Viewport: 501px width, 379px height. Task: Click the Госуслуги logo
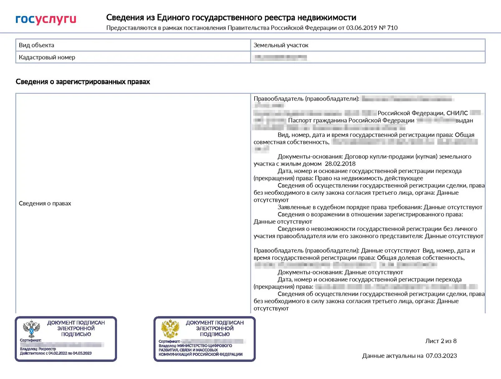[x=46, y=19]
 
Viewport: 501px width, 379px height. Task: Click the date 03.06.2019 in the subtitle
[x=353, y=28]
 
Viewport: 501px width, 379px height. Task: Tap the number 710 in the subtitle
[x=392, y=28]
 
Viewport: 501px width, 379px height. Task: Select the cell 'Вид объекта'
[x=37, y=45]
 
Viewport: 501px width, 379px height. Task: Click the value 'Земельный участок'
[x=281, y=45]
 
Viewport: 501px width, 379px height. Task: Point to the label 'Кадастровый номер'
[x=47, y=57]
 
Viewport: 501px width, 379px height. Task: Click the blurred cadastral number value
[x=281, y=57]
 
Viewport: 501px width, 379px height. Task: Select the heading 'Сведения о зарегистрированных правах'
[x=83, y=82]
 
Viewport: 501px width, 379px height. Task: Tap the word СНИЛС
[x=457, y=113]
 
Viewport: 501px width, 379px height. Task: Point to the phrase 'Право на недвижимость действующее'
[x=376, y=178]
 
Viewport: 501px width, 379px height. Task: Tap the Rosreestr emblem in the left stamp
[x=31, y=329]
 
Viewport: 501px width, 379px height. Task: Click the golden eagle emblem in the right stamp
[x=170, y=329]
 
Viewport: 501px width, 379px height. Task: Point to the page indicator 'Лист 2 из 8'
[x=441, y=341]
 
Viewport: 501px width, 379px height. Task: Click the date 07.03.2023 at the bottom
[x=441, y=356]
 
